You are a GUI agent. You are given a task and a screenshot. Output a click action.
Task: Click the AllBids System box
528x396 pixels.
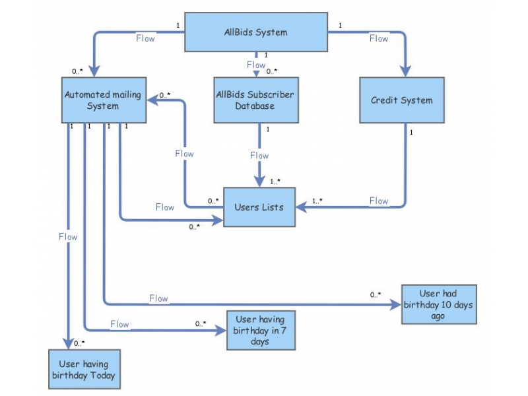255,32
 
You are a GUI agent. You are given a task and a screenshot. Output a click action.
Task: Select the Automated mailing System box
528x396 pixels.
102,100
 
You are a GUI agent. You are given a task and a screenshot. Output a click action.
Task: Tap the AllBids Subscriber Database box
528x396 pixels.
255,100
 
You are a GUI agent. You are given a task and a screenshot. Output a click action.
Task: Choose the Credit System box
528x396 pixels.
401,100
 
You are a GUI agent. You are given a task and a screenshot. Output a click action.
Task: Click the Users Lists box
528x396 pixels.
259,207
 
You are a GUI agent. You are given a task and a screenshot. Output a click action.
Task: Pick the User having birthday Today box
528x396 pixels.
83,370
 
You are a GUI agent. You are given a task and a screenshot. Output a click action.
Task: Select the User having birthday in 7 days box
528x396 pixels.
260,330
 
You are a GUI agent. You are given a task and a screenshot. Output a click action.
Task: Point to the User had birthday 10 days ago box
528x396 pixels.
438,304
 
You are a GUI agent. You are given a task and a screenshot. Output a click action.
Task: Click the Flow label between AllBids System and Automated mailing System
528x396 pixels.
145,38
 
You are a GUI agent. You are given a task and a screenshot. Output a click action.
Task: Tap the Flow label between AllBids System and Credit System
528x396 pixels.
379,38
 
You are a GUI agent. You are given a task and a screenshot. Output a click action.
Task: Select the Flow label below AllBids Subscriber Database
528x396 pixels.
259,156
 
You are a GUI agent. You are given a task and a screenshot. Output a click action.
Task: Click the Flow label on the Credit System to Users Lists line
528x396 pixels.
379,201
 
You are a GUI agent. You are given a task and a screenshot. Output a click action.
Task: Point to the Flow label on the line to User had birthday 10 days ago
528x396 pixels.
158,298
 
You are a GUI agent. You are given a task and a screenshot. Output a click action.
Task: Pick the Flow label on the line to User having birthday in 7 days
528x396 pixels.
119,324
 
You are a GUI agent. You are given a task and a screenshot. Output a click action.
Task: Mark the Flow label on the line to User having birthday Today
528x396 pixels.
67,236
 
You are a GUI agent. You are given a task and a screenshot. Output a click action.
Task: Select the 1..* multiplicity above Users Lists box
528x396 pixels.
275,181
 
